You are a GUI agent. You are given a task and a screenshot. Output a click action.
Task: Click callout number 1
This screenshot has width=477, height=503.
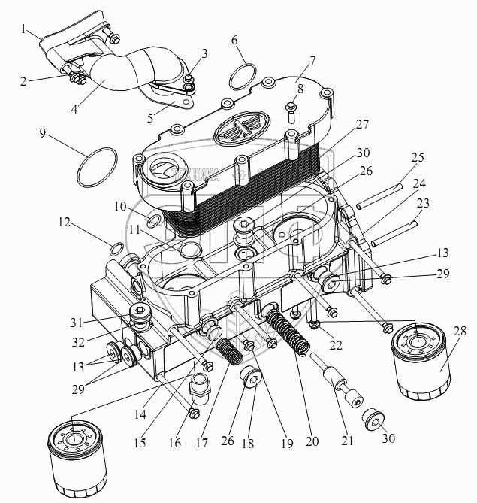coord(26,30)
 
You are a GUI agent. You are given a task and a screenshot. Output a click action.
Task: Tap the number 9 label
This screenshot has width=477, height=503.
coord(44,133)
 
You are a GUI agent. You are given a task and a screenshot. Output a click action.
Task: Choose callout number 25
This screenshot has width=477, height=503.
coord(418,157)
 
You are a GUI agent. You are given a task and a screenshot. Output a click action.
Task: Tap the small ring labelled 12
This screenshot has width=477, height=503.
coord(116,249)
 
